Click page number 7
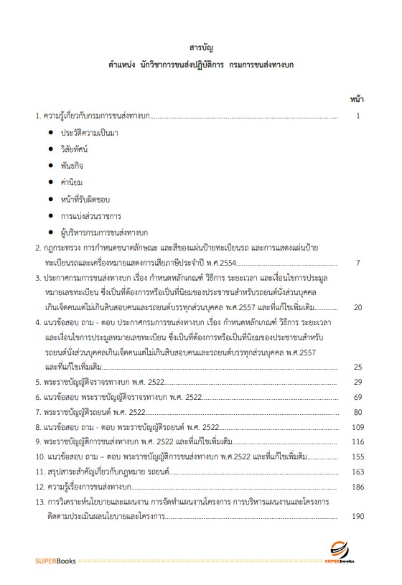coord(357,263)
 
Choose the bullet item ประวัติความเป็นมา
coord(90,133)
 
